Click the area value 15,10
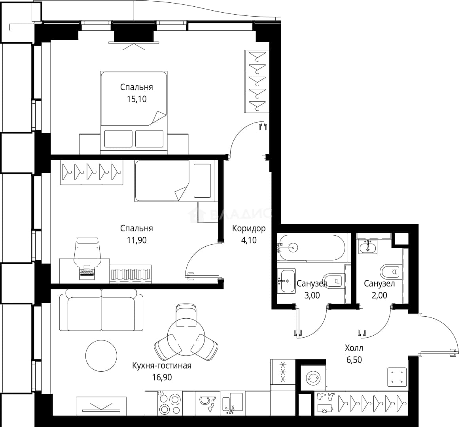[x=136, y=99]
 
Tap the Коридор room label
[x=249, y=228]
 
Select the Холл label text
[x=354, y=348]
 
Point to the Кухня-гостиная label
[x=162, y=366]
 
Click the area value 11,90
[x=136, y=240]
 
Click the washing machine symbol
[x=313, y=378]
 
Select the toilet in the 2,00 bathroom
[x=390, y=272]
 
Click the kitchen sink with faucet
[x=233, y=404]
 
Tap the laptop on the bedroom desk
[x=87, y=272]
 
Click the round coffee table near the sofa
[x=101, y=356]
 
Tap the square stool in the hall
[x=397, y=376]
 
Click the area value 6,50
[x=354, y=360]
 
